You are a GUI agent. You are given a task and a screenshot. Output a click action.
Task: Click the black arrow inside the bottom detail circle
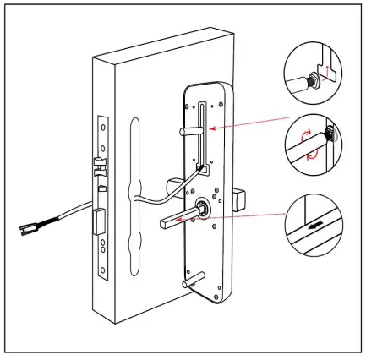point(315,226)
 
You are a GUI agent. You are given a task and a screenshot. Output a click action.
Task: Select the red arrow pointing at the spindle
point(249,216)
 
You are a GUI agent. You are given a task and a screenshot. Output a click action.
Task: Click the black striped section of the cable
point(59,220)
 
